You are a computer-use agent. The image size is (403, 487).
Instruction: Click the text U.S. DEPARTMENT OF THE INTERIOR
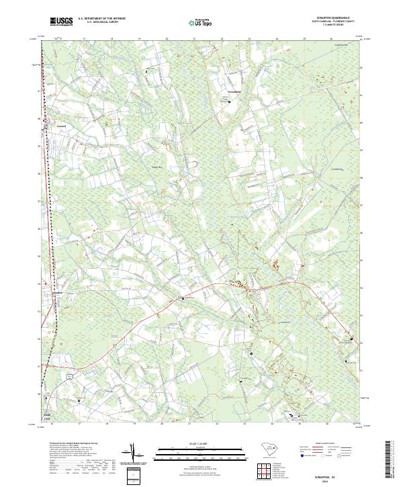pyautogui.click(x=101, y=19)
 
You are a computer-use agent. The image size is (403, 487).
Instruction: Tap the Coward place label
pyautogui.click(x=60, y=124)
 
